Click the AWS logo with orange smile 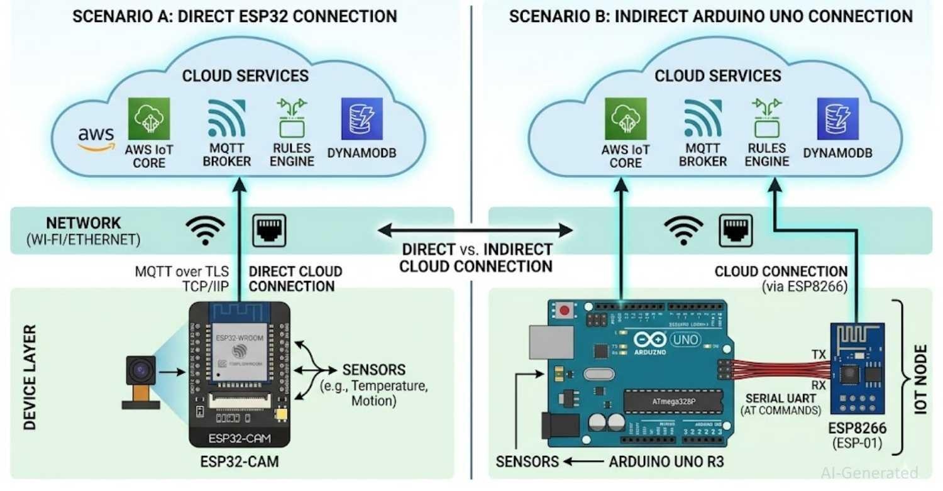pyautogui.click(x=96, y=139)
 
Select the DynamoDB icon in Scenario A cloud pyautogui.click(x=361, y=118)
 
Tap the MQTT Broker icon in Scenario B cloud pyautogui.click(x=702, y=118)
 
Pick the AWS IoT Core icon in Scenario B pyautogui.click(x=626, y=118)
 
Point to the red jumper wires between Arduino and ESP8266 pyautogui.click(x=776, y=370)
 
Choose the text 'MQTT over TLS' pyautogui.click(x=182, y=272)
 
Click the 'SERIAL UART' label pyautogui.click(x=781, y=399)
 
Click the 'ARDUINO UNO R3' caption pyautogui.click(x=666, y=461)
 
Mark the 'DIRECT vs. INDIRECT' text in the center pyautogui.click(x=477, y=249)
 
